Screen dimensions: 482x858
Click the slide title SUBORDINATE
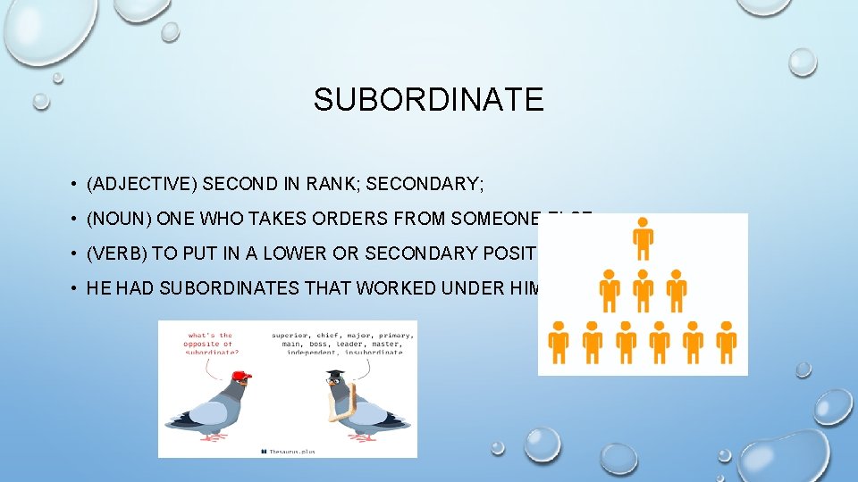point(428,99)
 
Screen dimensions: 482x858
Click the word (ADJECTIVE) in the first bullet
point(142,185)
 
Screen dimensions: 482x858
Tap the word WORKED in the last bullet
point(392,287)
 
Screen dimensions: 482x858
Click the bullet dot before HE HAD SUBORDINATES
point(71,288)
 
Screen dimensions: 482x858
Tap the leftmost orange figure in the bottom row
point(559,339)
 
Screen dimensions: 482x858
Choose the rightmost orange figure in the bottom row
point(726,339)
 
